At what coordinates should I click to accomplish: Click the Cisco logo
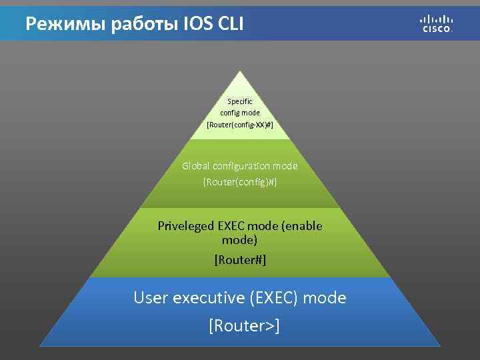(x=437, y=23)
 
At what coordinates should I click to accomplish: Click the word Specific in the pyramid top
(x=240, y=101)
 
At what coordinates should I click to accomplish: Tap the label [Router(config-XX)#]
(x=240, y=125)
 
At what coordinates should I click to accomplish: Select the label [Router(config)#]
(x=240, y=181)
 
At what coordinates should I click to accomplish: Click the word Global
(x=197, y=165)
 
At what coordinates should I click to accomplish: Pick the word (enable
(x=303, y=226)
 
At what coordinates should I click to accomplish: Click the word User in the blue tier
(x=151, y=297)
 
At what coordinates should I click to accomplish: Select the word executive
(x=209, y=297)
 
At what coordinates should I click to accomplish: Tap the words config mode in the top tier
(x=240, y=113)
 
